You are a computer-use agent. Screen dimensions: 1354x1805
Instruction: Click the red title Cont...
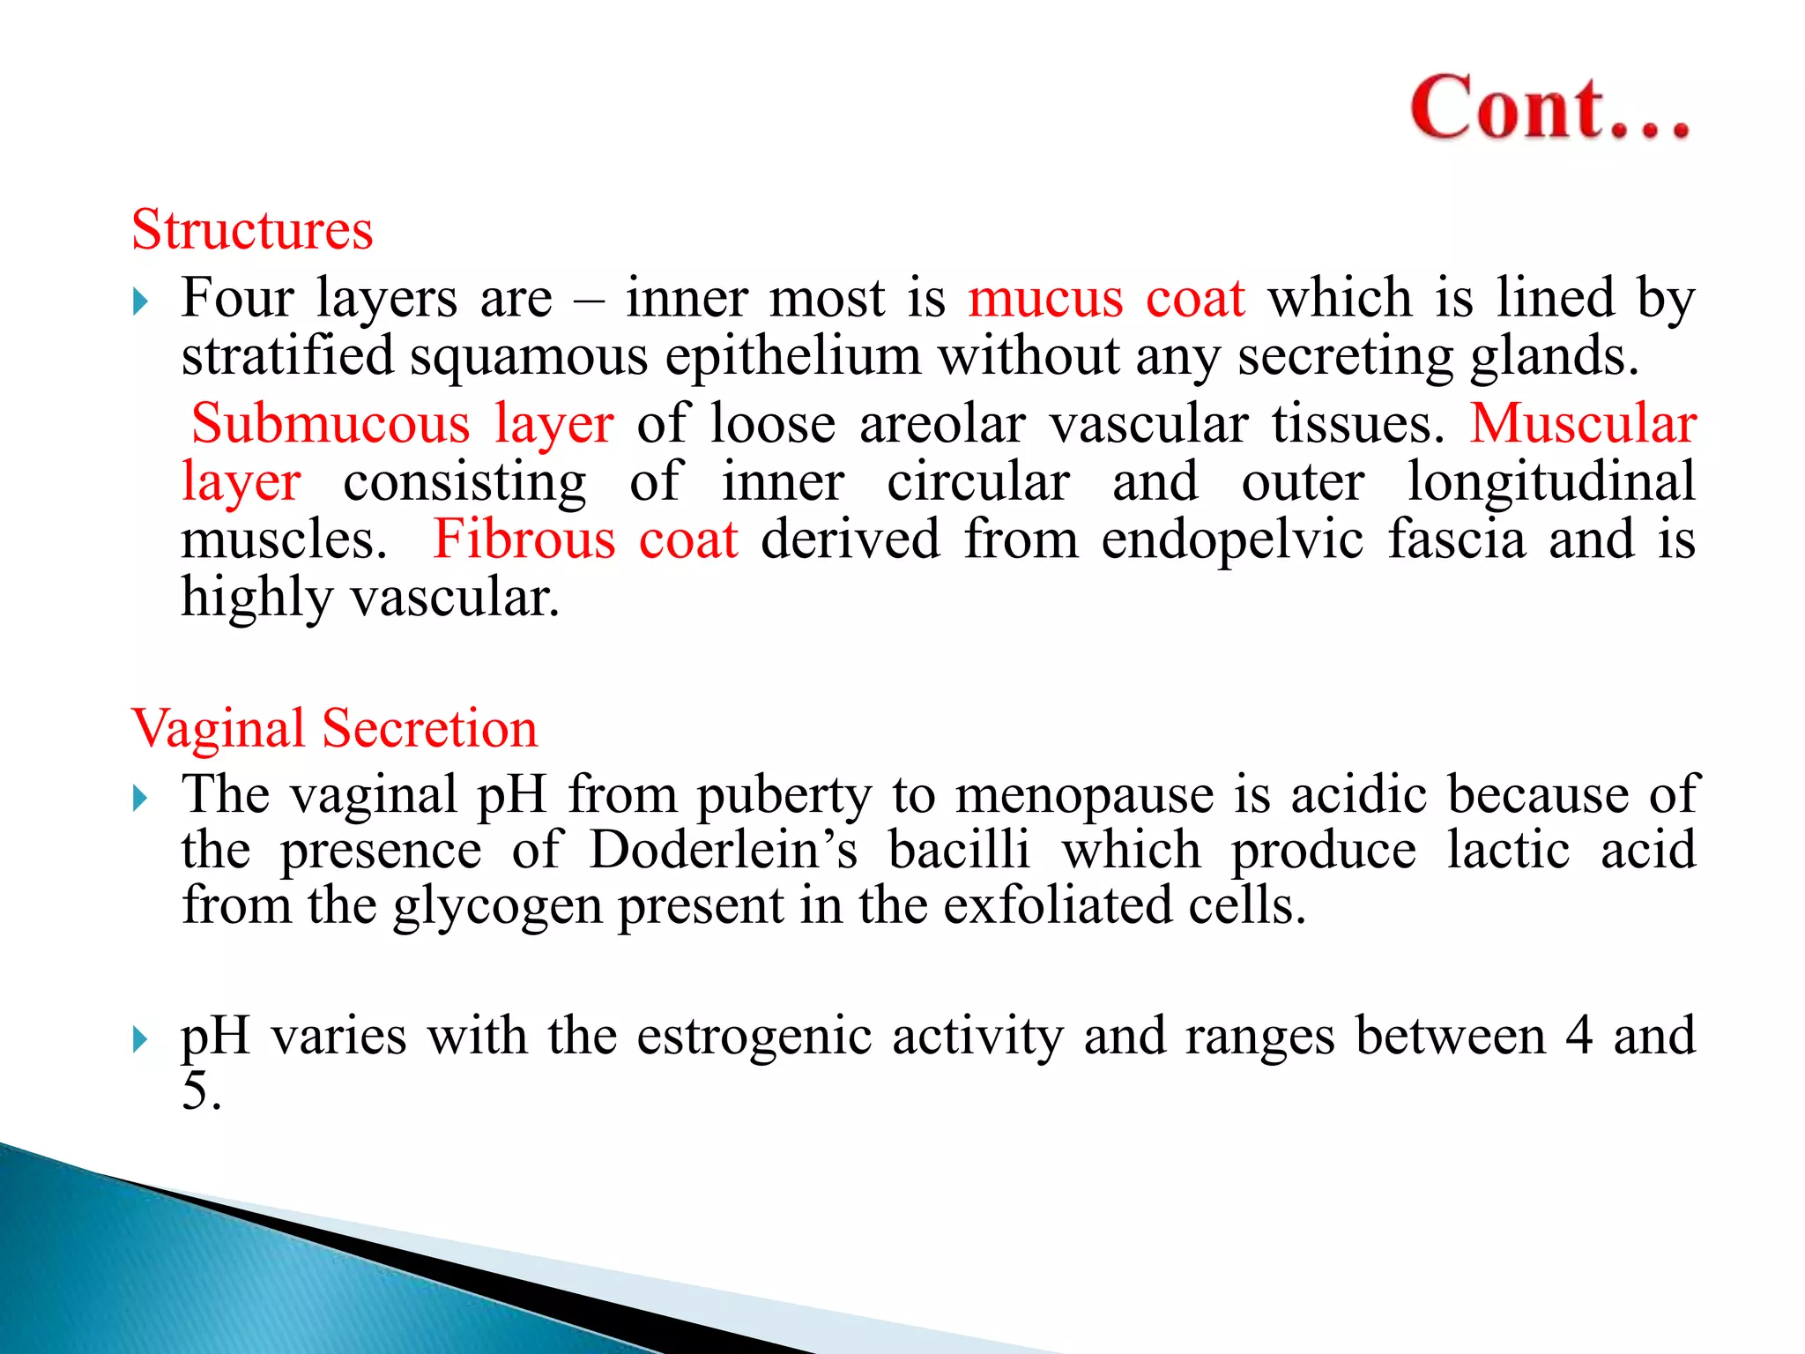(1549, 109)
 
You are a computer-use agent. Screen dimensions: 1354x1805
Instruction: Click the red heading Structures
(252, 231)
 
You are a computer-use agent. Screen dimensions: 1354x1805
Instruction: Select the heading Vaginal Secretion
(334, 729)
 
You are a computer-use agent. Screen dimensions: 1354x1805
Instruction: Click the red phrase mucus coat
(1106, 298)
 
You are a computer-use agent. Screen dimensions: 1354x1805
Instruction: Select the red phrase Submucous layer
(402, 424)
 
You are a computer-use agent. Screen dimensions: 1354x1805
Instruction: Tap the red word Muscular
(1582, 424)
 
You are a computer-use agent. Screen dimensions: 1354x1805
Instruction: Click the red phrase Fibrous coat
(585, 539)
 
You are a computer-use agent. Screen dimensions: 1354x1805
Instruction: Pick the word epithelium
(792, 358)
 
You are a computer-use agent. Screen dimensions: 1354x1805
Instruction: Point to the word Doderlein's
(723, 851)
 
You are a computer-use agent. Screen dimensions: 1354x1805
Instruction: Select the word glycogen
(496, 908)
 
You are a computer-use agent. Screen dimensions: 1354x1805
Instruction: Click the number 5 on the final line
(195, 1091)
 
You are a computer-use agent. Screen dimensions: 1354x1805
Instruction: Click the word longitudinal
(1550, 482)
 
